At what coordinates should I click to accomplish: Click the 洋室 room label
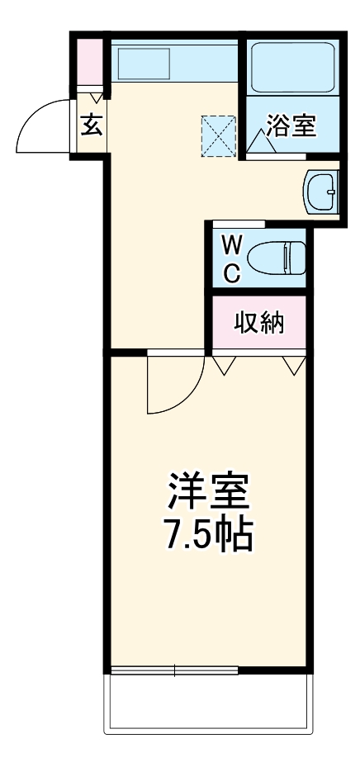pyautogui.click(x=208, y=493)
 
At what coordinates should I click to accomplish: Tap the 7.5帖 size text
pyautogui.click(x=208, y=536)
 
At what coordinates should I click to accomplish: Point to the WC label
pyautogui.click(x=232, y=258)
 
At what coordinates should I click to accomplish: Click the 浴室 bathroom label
pyautogui.click(x=291, y=126)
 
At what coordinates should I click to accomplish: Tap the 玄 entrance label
pyautogui.click(x=90, y=126)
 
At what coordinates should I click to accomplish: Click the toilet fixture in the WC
pyautogui.click(x=277, y=257)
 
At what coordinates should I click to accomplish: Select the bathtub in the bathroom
pyautogui.click(x=291, y=67)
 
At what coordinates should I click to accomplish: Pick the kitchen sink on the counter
pyautogui.click(x=144, y=62)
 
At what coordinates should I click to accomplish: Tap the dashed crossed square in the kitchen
pyautogui.click(x=219, y=135)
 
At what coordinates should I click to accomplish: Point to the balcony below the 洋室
pyautogui.click(x=208, y=702)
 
